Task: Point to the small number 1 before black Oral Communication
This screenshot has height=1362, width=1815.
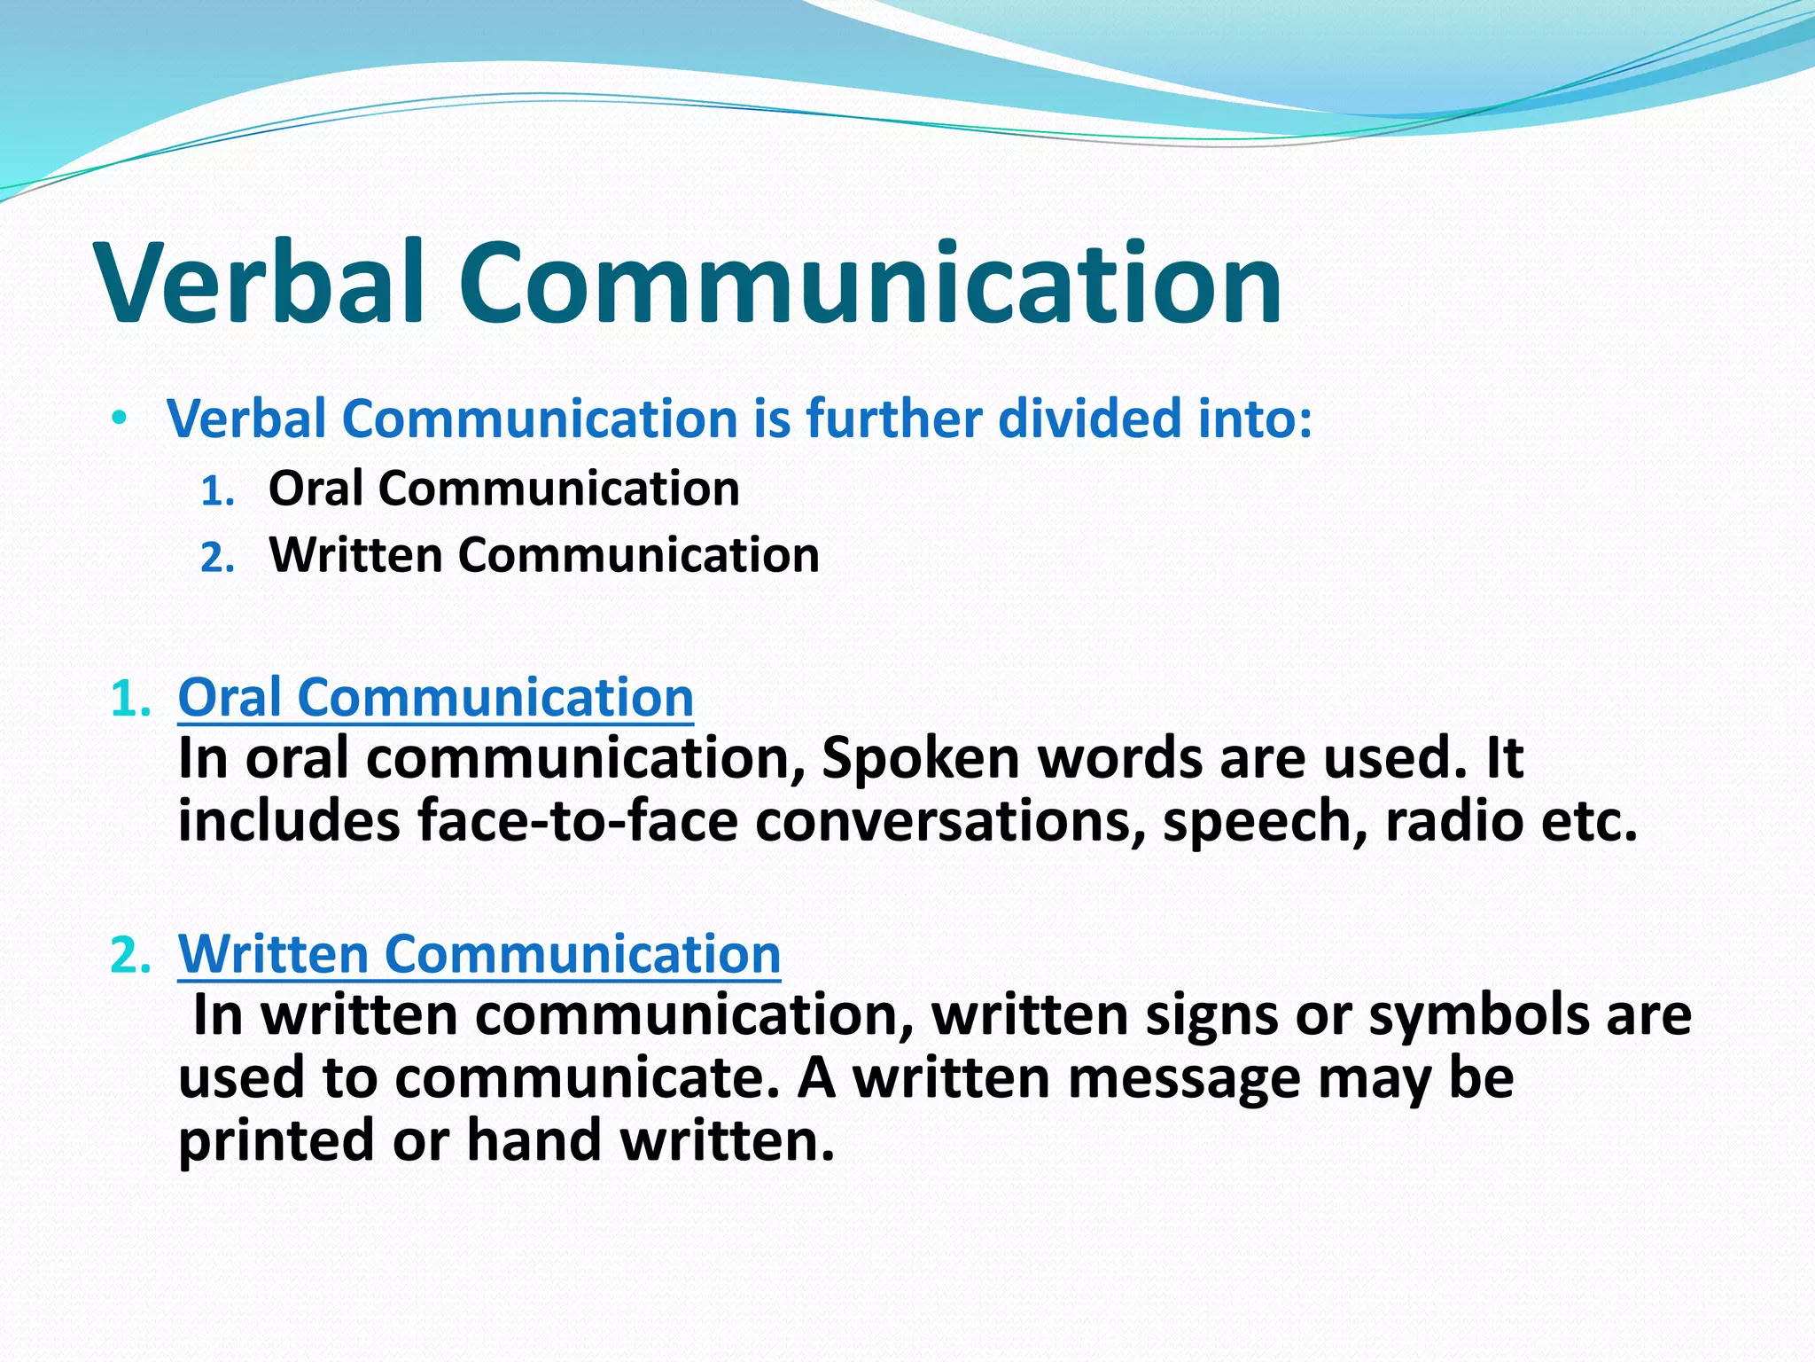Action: pyautogui.click(x=216, y=492)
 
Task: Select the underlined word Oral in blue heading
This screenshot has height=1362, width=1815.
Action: pyautogui.click(x=230, y=697)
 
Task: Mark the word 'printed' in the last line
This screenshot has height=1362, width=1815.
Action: pyautogui.click(x=276, y=1140)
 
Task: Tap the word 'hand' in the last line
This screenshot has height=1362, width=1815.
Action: pyautogui.click(x=534, y=1140)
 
